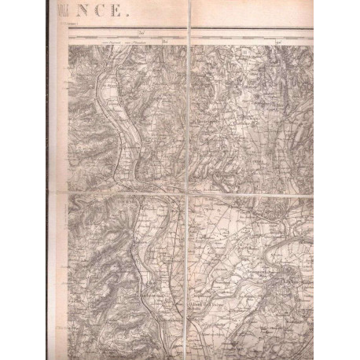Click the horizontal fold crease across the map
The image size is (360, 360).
[x=236, y=195]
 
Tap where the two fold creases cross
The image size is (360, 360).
[x=189, y=195]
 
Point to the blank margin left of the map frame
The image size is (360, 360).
[x=64, y=236]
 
